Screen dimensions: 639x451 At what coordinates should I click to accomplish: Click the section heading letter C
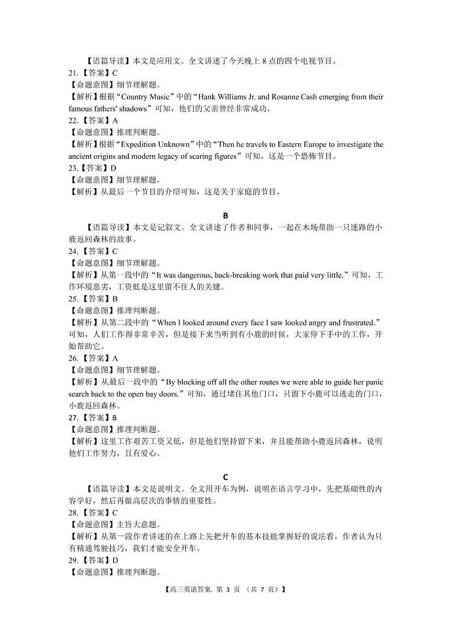click(x=225, y=477)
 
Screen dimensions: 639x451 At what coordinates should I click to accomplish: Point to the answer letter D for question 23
click(x=114, y=168)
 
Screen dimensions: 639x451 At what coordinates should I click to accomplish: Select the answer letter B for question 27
click(x=114, y=417)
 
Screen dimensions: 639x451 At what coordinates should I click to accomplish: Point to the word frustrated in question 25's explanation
click(x=357, y=323)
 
